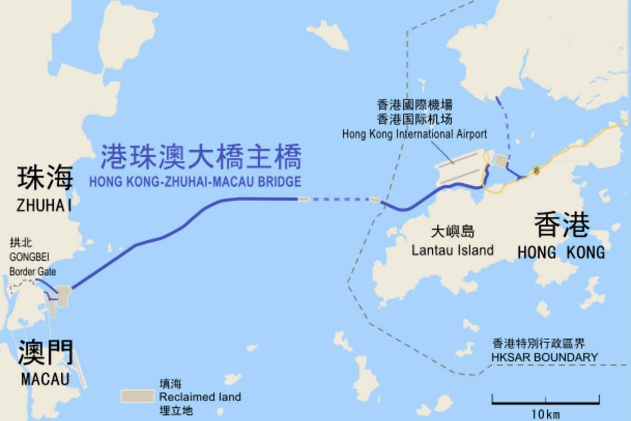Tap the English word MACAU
[x=45, y=378]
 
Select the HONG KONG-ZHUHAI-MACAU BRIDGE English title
[x=195, y=182]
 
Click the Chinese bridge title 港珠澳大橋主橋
[x=201, y=156]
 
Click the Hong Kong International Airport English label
[x=414, y=134]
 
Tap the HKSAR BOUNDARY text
[x=544, y=357]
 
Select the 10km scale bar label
[x=545, y=414]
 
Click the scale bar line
[x=545, y=403]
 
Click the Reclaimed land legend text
[x=200, y=397]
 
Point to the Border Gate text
[x=33, y=272]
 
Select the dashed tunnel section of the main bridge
[x=339, y=199]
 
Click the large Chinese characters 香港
[x=561, y=225]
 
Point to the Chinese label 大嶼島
[x=452, y=231]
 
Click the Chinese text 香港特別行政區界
[x=538, y=344]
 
